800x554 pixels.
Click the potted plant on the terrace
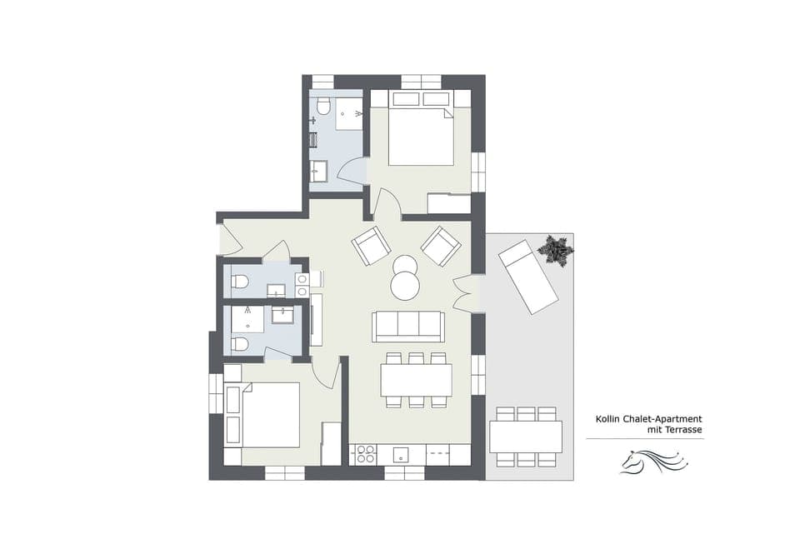pos(555,250)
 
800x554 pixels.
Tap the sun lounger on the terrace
pos(527,277)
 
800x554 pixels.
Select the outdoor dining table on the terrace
pos(525,436)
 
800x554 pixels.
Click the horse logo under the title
pos(652,461)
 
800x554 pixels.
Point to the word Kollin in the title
pos(608,420)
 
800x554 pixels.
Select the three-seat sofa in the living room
pos(408,326)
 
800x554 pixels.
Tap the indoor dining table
pos(416,380)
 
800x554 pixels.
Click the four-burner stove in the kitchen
pos(365,455)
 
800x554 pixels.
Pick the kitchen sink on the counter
pos(402,455)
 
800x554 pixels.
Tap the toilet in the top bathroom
pos(323,107)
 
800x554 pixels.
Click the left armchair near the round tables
pos(370,245)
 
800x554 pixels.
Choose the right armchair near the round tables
pos(440,245)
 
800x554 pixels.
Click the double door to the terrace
pos(465,293)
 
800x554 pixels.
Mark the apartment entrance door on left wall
pos(228,240)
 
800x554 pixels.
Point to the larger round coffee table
pos(406,287)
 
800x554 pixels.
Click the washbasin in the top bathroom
pos(319,172)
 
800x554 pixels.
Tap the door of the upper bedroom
pos(387,203)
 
